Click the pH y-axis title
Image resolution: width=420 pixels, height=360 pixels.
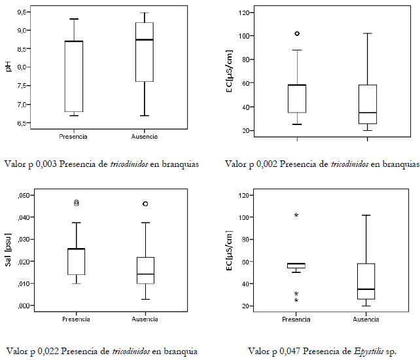tap(9, 66)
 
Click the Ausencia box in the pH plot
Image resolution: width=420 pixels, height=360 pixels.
tap(144, 52)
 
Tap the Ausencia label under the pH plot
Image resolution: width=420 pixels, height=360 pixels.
tap(144, 137)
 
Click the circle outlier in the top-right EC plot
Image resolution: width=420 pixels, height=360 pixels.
tap(297, 33)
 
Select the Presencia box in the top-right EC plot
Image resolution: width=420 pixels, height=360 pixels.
tap(297, 98)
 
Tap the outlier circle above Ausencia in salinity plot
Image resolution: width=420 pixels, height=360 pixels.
tap(145, 204)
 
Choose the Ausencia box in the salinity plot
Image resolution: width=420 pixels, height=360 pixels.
tap(145, 270)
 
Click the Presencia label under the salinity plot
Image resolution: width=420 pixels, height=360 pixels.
tap(77, 319)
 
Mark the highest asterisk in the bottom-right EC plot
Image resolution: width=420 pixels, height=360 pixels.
tap(296, 215)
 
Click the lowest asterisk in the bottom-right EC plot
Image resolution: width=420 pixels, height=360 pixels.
tap(296, 300)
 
